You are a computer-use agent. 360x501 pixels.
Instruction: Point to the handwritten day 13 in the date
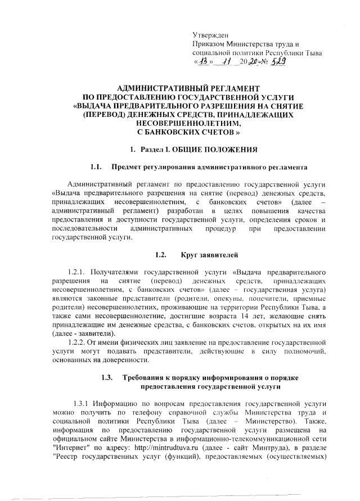pos(204,62)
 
